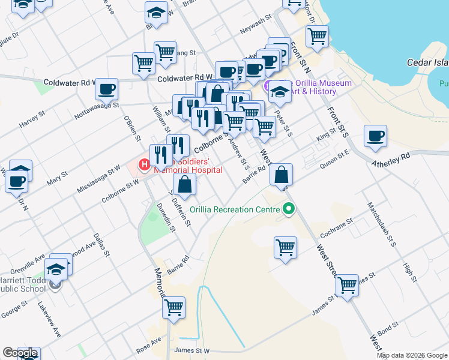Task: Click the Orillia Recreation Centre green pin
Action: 289,209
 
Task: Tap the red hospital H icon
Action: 144,163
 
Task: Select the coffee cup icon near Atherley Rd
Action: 376,136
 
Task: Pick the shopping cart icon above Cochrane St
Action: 286,247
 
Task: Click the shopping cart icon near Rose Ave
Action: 173,308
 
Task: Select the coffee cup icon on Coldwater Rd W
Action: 106,90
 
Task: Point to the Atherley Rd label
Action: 390,160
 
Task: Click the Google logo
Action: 20,353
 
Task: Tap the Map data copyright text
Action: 412,355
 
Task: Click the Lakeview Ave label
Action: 49,321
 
